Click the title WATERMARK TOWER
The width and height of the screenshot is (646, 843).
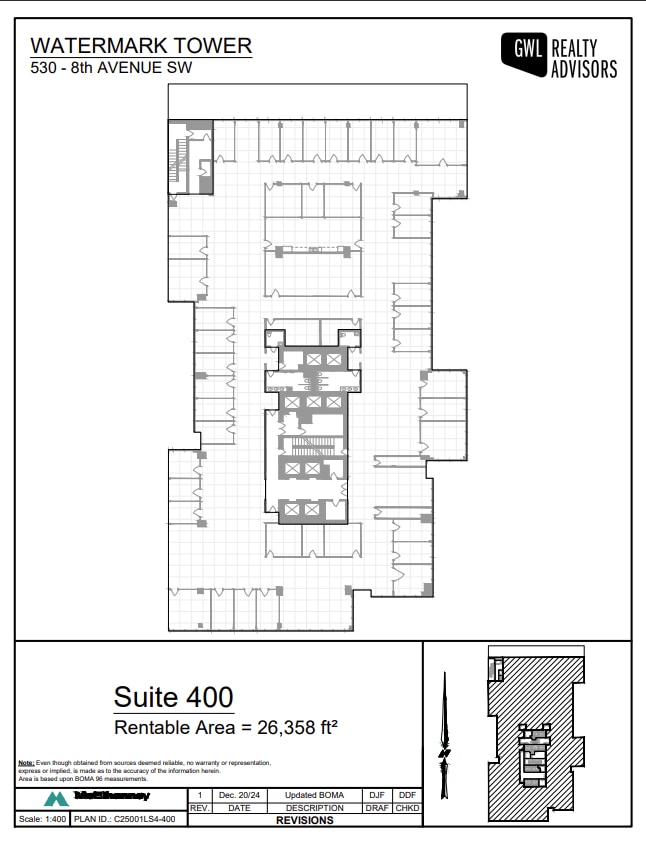141,46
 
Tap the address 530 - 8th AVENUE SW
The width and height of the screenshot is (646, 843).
110,68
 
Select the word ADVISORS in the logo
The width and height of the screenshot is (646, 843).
584,70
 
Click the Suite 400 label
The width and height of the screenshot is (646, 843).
173,696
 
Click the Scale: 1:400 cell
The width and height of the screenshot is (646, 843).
42,820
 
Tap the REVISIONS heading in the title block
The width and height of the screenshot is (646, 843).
305,820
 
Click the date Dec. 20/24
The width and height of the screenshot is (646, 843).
239,795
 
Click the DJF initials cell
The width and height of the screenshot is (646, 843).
376,795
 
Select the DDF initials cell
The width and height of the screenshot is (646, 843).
407,795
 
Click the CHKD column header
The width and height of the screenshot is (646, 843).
407,808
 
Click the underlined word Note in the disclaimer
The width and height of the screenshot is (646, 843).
26,763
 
